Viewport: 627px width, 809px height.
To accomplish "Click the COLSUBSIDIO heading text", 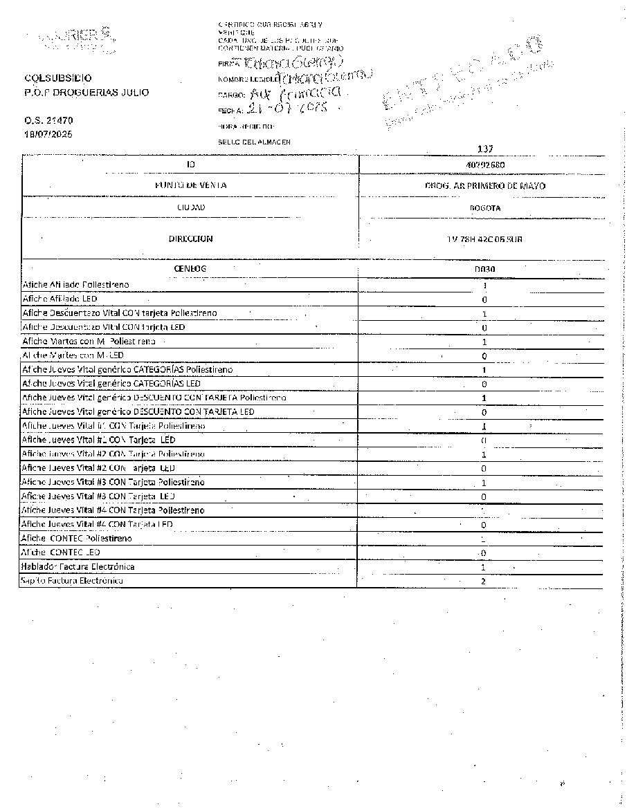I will click(57, 79).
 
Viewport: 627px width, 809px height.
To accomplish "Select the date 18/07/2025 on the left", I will click(48, 133).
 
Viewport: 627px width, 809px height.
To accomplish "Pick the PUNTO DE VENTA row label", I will click(190, 185).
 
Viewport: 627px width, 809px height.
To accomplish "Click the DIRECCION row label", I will click(190, 239).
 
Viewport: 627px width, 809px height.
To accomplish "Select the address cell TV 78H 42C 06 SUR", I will click(484, 239).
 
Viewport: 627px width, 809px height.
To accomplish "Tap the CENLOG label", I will click(190, 268).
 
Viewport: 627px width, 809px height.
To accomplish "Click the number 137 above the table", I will click(484, 149).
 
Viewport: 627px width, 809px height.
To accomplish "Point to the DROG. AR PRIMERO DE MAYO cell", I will click(484, 185).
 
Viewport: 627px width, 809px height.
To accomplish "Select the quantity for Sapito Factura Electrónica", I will click(484, 582).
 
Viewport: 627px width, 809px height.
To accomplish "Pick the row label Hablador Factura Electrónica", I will click(78, 567).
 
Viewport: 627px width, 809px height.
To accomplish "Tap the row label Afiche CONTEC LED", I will click(61, 552).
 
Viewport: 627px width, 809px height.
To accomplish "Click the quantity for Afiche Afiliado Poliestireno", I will click(484, 286).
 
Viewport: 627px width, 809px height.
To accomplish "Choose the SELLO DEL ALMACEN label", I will click(254, 142).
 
